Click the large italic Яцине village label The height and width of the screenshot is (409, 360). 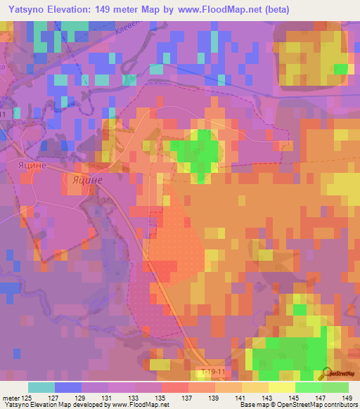point(88,180)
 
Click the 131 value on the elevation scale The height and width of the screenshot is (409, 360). point(108,398)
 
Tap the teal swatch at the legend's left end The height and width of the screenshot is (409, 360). point(41,387)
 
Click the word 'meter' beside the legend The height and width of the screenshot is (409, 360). point(12,398)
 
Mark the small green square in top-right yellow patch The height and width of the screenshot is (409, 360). point(342,68)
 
